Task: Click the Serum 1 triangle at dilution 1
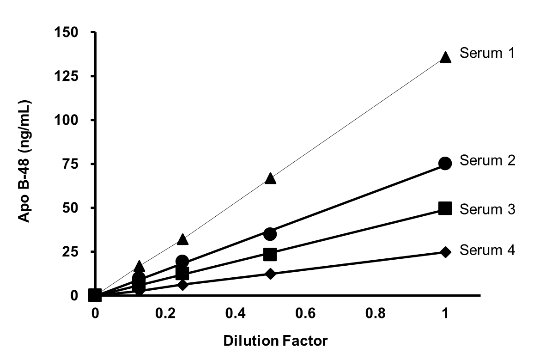coord(445,57)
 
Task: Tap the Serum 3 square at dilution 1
coord(445,208)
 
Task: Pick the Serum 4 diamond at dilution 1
coord(445,252)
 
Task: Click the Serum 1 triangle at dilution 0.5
coord(270,179)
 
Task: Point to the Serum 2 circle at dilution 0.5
coord(270,234)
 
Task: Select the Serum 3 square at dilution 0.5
coord(270,254)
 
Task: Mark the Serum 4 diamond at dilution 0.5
coord(270,274)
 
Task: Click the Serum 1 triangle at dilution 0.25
coord(183,239)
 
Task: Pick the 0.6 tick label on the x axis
coord(305,313)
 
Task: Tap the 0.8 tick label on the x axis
coord(375,313)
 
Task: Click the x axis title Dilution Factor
coord(275,342)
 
